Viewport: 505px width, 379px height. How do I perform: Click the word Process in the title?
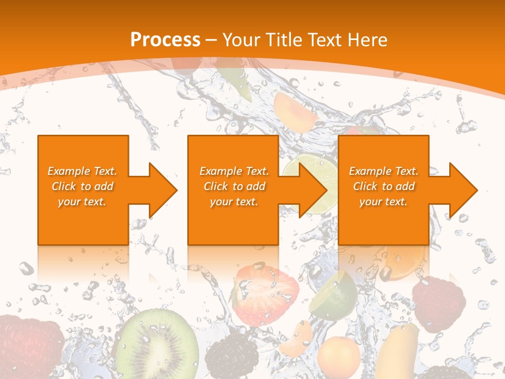pos(165,39)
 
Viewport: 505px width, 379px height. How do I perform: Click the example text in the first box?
pos(83,186)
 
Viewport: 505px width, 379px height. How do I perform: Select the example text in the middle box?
pos(234,186)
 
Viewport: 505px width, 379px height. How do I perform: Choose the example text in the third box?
pos(383,186)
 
